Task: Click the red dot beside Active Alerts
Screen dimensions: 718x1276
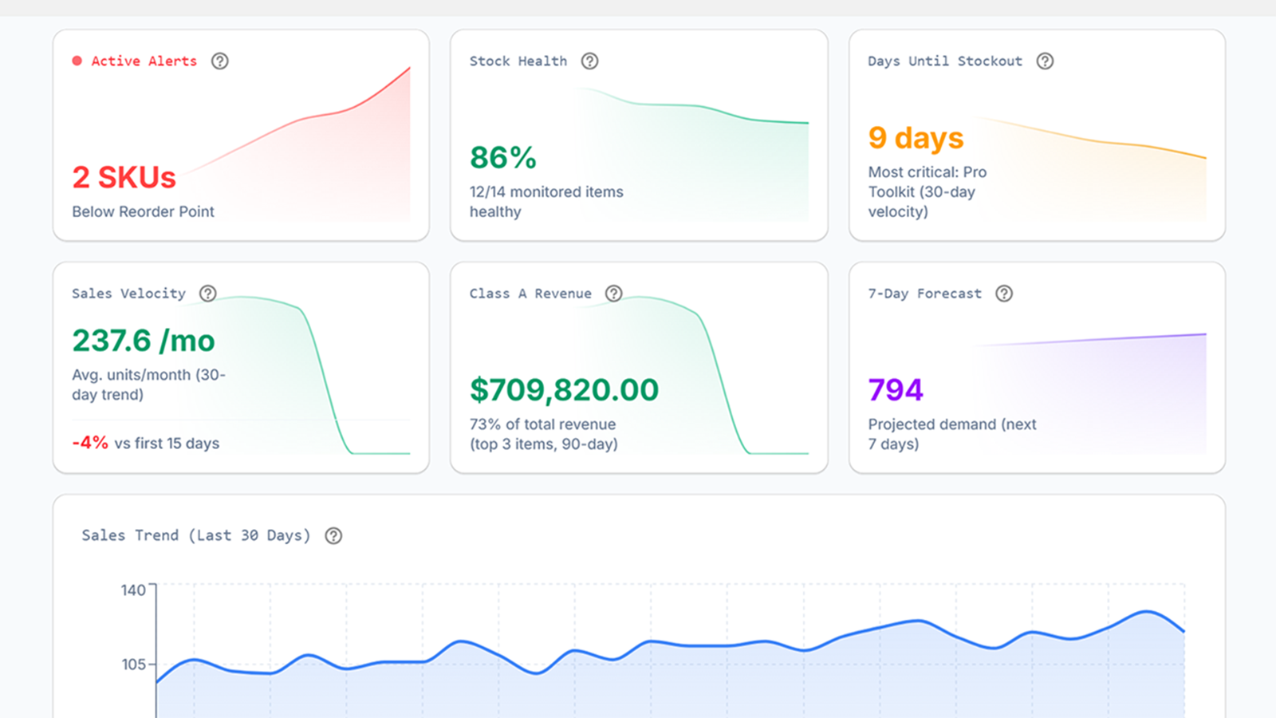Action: tap(77, 61)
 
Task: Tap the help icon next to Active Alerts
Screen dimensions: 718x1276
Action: tap(219, 61)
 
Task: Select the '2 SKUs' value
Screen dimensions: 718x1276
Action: tap(124, 177)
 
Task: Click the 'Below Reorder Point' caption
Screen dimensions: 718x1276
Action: tap(143, 211)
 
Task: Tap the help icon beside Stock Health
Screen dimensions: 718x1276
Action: tap(589, 61)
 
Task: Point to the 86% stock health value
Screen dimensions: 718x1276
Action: tap(502, 157)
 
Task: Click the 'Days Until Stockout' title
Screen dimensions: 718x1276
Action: tap(944, 61)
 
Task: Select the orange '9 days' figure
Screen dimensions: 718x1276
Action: tap(916, 138)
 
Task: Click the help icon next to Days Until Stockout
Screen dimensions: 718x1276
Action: tap(1045, 61)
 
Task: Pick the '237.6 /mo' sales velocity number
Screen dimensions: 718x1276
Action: tap(144, 341)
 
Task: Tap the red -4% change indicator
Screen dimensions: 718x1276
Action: tap(90, 443)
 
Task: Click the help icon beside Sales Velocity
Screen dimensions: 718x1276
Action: tap(208, 293)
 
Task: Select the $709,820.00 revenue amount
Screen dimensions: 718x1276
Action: tap(564, 390)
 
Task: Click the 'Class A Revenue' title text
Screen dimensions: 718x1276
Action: tap(530, 293)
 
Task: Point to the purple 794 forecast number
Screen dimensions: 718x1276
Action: tap(896, 390)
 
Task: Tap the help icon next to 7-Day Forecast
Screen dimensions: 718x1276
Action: tap(1004, 293)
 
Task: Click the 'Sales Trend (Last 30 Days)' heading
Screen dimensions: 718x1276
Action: tap(195, 535)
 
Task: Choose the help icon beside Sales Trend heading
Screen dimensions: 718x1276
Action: tap(333, 535)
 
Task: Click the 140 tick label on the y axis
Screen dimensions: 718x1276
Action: tap(133, 590)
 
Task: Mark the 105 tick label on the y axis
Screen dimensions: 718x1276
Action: tap(133, 664)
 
